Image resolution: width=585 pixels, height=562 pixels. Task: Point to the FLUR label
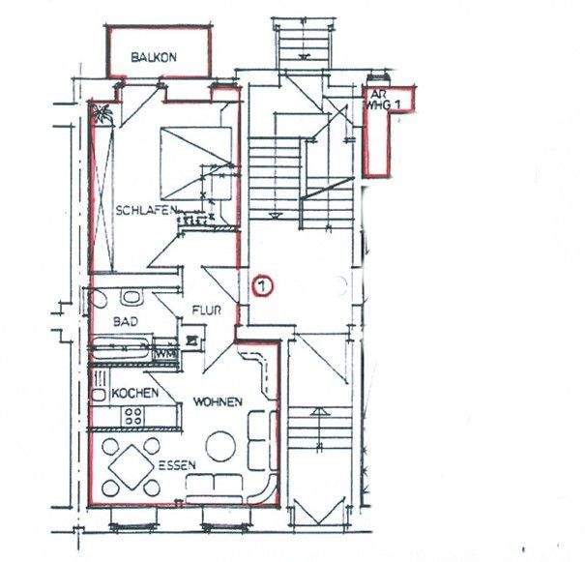tap(208, 311)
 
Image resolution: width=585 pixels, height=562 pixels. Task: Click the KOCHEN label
tap(136, 395)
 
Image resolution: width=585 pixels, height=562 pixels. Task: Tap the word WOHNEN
tap(217, 401)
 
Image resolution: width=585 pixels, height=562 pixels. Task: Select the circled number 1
tap(261, 285)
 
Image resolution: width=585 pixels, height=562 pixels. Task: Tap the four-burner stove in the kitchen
tap(133, 417)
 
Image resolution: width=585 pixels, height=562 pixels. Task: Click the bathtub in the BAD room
tap(123, 345)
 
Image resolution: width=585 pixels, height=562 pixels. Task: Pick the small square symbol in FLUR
tap(193, 340)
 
